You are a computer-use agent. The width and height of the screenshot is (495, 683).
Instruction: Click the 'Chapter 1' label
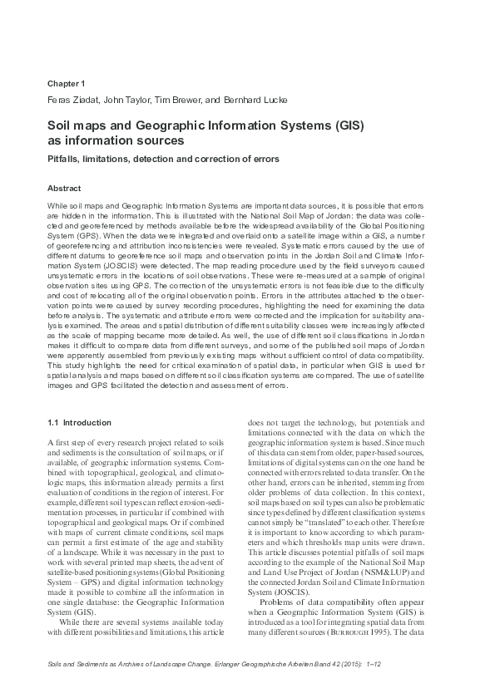(67, 83)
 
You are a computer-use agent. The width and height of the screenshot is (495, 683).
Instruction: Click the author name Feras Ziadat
(71, 101)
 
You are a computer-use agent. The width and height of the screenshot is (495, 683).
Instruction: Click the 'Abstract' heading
(65, 189)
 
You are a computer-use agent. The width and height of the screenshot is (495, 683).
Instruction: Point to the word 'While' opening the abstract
(57, 204)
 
